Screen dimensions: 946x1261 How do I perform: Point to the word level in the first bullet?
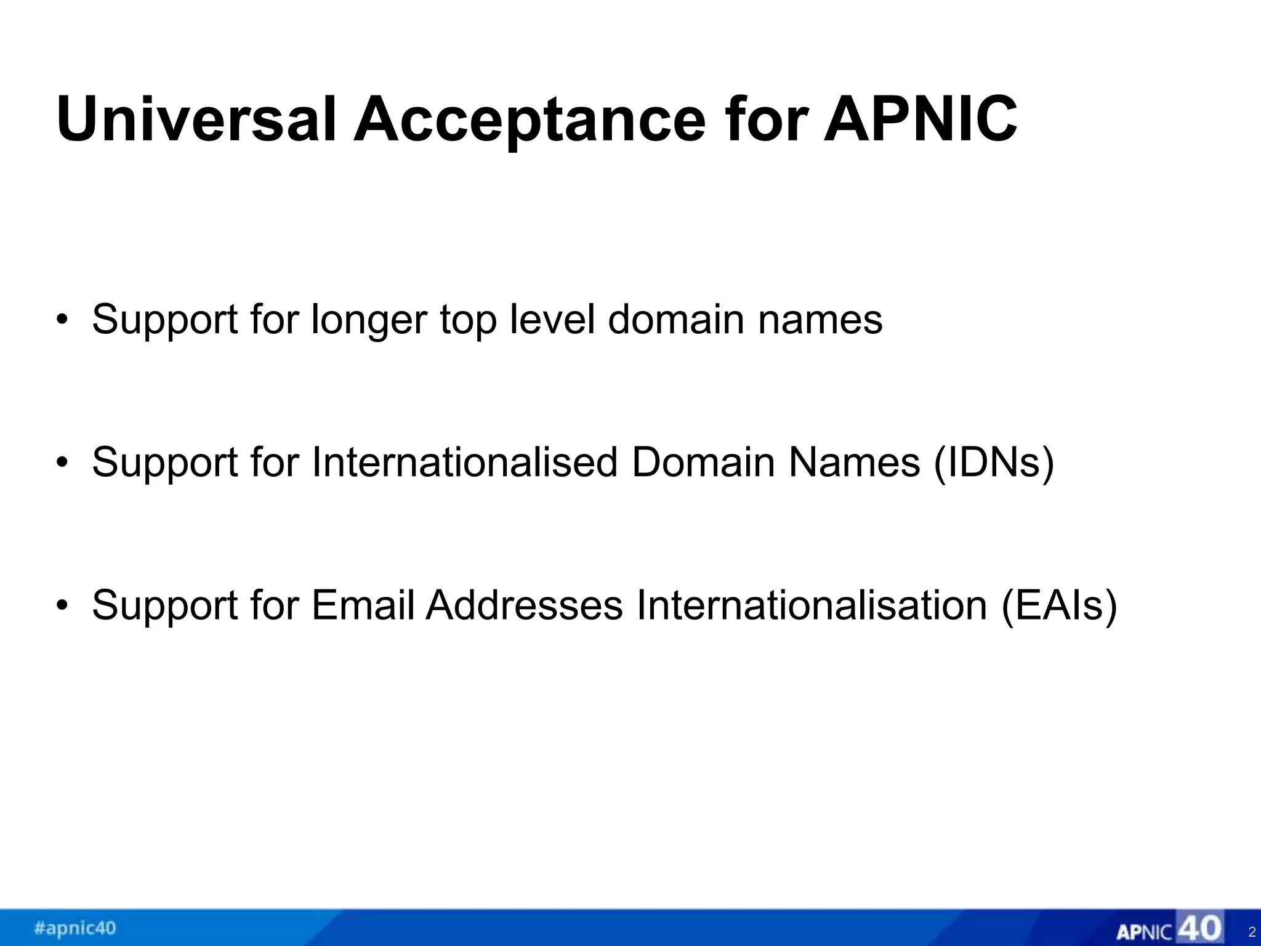[x=552, y=320]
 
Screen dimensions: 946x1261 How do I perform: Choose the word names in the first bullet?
[x=820, y=320]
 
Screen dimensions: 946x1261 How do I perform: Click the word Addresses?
[x=525, y=605]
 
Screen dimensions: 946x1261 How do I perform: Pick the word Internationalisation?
[x=812, y=605]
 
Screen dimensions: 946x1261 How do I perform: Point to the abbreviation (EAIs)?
[x=1059, y=605]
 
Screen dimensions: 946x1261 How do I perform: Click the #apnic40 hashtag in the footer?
[x=75, y=928]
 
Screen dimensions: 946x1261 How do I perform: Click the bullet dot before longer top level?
[x=62, y=320]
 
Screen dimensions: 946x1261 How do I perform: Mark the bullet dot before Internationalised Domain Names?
[x=62, y=463]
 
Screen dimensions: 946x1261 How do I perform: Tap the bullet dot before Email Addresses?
[x=62, y=605]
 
